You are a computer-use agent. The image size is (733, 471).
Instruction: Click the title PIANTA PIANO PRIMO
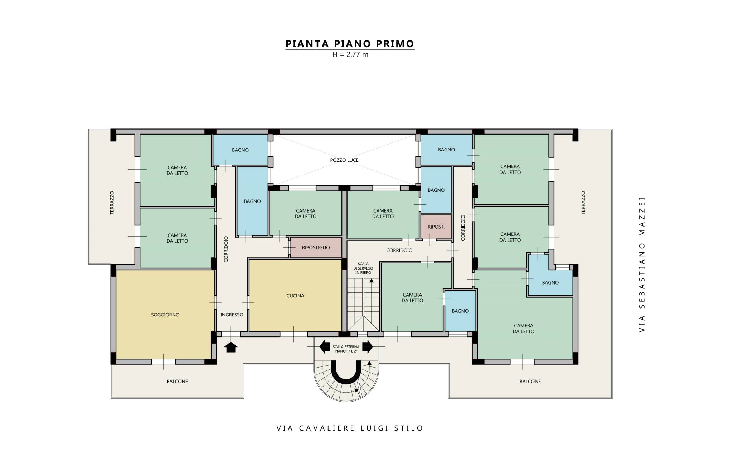pos(350,44)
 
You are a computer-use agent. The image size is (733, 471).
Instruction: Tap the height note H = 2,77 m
pos(350,55)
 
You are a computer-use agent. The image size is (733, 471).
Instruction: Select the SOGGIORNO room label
pos(165,315)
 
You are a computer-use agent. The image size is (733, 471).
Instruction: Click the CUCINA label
pos(295,296)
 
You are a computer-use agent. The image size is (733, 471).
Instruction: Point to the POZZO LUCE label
pos(344,160)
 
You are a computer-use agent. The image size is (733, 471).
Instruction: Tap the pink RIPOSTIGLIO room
pos(316,247)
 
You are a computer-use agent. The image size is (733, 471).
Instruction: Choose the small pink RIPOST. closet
pos(436,227)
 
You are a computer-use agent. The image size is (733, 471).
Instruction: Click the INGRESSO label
pos(232,315)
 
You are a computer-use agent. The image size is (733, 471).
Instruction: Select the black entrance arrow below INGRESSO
pos(231,347)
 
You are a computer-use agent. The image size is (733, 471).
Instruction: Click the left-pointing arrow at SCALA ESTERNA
pos(325,346)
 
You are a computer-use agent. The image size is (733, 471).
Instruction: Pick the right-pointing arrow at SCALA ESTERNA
pos(368,346)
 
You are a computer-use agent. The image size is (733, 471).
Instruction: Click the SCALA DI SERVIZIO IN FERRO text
pos(363,268)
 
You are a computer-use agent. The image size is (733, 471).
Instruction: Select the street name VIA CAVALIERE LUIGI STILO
pos(350,428)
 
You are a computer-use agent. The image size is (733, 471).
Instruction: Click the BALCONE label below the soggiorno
pos(177,382)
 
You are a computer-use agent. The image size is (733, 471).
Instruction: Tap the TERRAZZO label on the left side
pos(112,203)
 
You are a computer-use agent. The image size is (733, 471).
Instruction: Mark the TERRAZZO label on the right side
pos(583,203)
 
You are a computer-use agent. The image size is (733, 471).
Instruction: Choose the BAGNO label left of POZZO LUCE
pos(240,150)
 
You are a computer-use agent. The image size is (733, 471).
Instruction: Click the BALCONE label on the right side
pos(530,382)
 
